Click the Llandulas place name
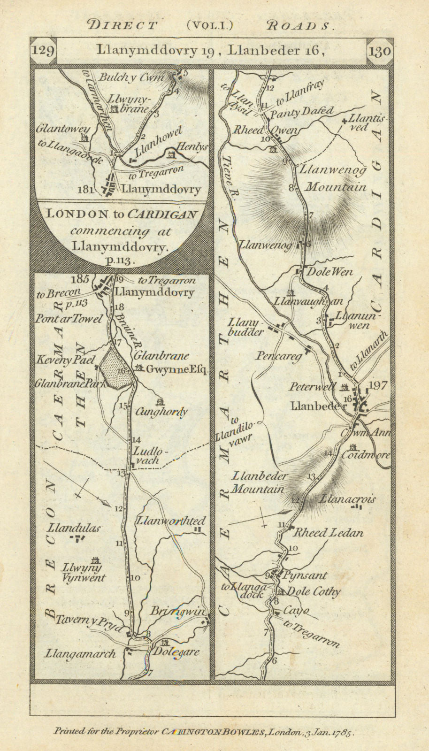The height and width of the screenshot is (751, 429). click(77, 528)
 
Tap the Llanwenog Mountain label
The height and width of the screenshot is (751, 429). click(335, 178)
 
